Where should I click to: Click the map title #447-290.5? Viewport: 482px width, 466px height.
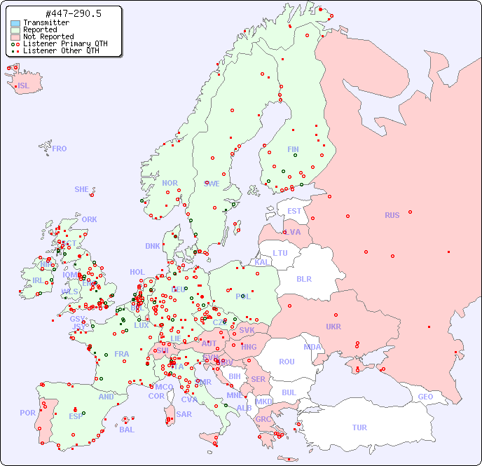pos(62,14)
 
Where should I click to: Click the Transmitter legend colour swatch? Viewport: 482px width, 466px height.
pos(15,22)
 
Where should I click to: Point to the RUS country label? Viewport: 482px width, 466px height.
pos(392,215)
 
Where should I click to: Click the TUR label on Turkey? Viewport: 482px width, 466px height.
pos(359,427)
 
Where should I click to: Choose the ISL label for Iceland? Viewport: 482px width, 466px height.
pos(24,86)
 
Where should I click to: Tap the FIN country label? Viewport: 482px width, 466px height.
pos(293,149)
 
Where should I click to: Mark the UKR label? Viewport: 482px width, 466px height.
pos(333,327)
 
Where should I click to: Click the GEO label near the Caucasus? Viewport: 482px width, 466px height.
pos(425,397)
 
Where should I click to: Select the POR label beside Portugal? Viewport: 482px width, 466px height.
pos(27,413)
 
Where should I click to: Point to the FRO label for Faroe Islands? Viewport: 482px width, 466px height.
pos(60,149)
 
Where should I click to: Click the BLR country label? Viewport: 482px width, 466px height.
pos(303,279)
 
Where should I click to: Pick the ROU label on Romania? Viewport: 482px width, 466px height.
pos(287,362)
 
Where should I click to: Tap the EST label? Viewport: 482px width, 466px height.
pos(294,211)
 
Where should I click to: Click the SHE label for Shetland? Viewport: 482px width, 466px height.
pos(82,189)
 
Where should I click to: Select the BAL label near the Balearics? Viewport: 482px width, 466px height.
pos(126,430)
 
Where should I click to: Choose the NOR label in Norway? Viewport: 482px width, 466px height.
pos(170,183)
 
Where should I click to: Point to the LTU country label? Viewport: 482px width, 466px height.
pos(280,253)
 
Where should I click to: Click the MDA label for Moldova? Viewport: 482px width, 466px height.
pos(312,347)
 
